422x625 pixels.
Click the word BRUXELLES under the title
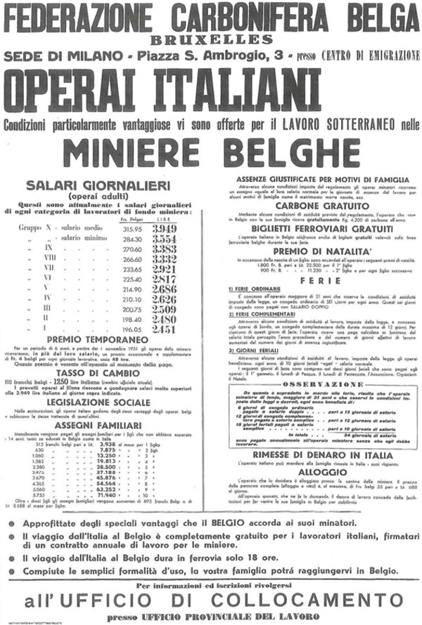210,39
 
